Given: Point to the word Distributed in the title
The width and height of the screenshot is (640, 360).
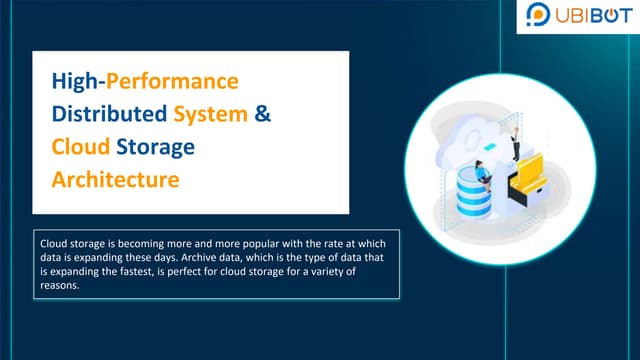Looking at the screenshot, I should (109, 113).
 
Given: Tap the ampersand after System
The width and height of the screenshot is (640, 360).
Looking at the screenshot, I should (263, 113).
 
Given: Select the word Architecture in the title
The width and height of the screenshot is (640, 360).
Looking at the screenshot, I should (115, 182).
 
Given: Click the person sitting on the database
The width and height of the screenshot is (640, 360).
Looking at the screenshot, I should (483, 177).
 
